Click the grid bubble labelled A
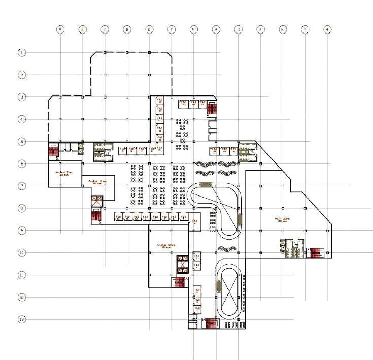(60, 30)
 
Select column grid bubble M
(327, 30)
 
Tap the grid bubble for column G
(194, 30)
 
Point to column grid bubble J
(260, 30)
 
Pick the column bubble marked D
(127, 30)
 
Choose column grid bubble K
(283, 30)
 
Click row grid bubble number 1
(22, 52)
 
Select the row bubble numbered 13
(22, 319)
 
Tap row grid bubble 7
(22, 186)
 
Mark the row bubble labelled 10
(22, 252)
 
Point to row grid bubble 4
(22, 119)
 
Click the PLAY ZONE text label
(282, 219)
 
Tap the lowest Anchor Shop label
(166, 245)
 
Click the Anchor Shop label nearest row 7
(97, 181)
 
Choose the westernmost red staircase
(53, 151)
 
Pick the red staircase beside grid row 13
(211, 322)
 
